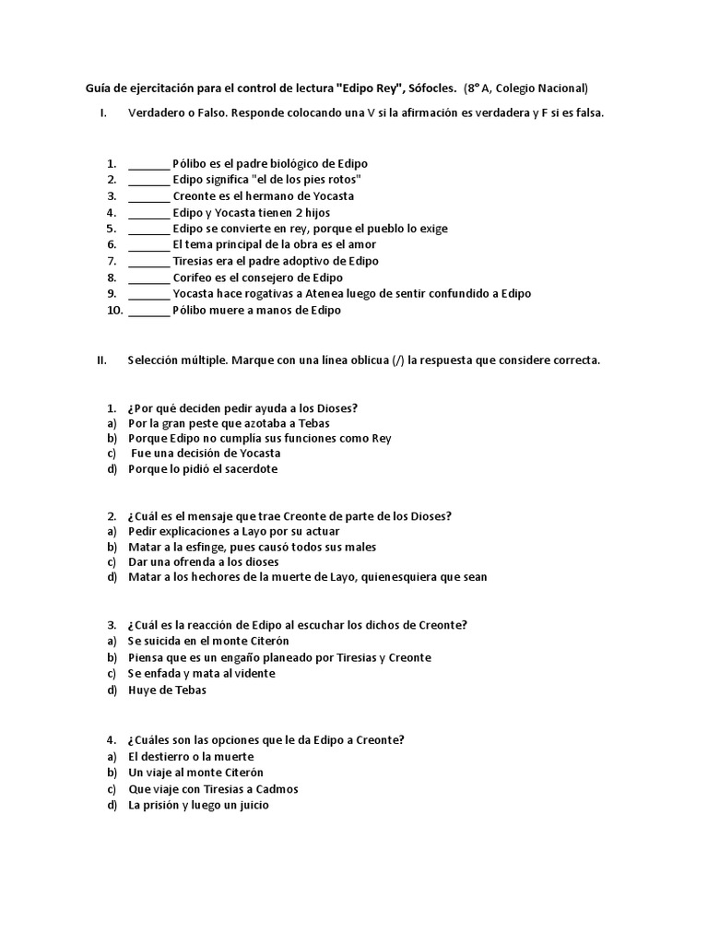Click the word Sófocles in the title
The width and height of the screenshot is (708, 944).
click(430, 88)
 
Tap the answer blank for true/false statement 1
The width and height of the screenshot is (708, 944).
click(148, 164)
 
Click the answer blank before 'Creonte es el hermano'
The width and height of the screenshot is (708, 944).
click(148, 196)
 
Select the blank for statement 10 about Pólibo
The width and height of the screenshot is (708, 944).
click(148, 311)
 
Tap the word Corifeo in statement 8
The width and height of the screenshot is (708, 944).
click(194, 277)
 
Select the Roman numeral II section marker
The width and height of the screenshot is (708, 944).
click(102, 360)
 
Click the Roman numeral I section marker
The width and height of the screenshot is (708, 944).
click(104, 113)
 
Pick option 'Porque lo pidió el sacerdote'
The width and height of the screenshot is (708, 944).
click(203, 469)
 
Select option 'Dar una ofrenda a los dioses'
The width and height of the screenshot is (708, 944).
click(203, 562)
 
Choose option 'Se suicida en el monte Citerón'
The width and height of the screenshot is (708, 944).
click(208, 641)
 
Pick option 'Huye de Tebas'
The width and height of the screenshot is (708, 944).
click(167, 690)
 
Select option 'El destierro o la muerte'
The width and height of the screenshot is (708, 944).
click(191, 757)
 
